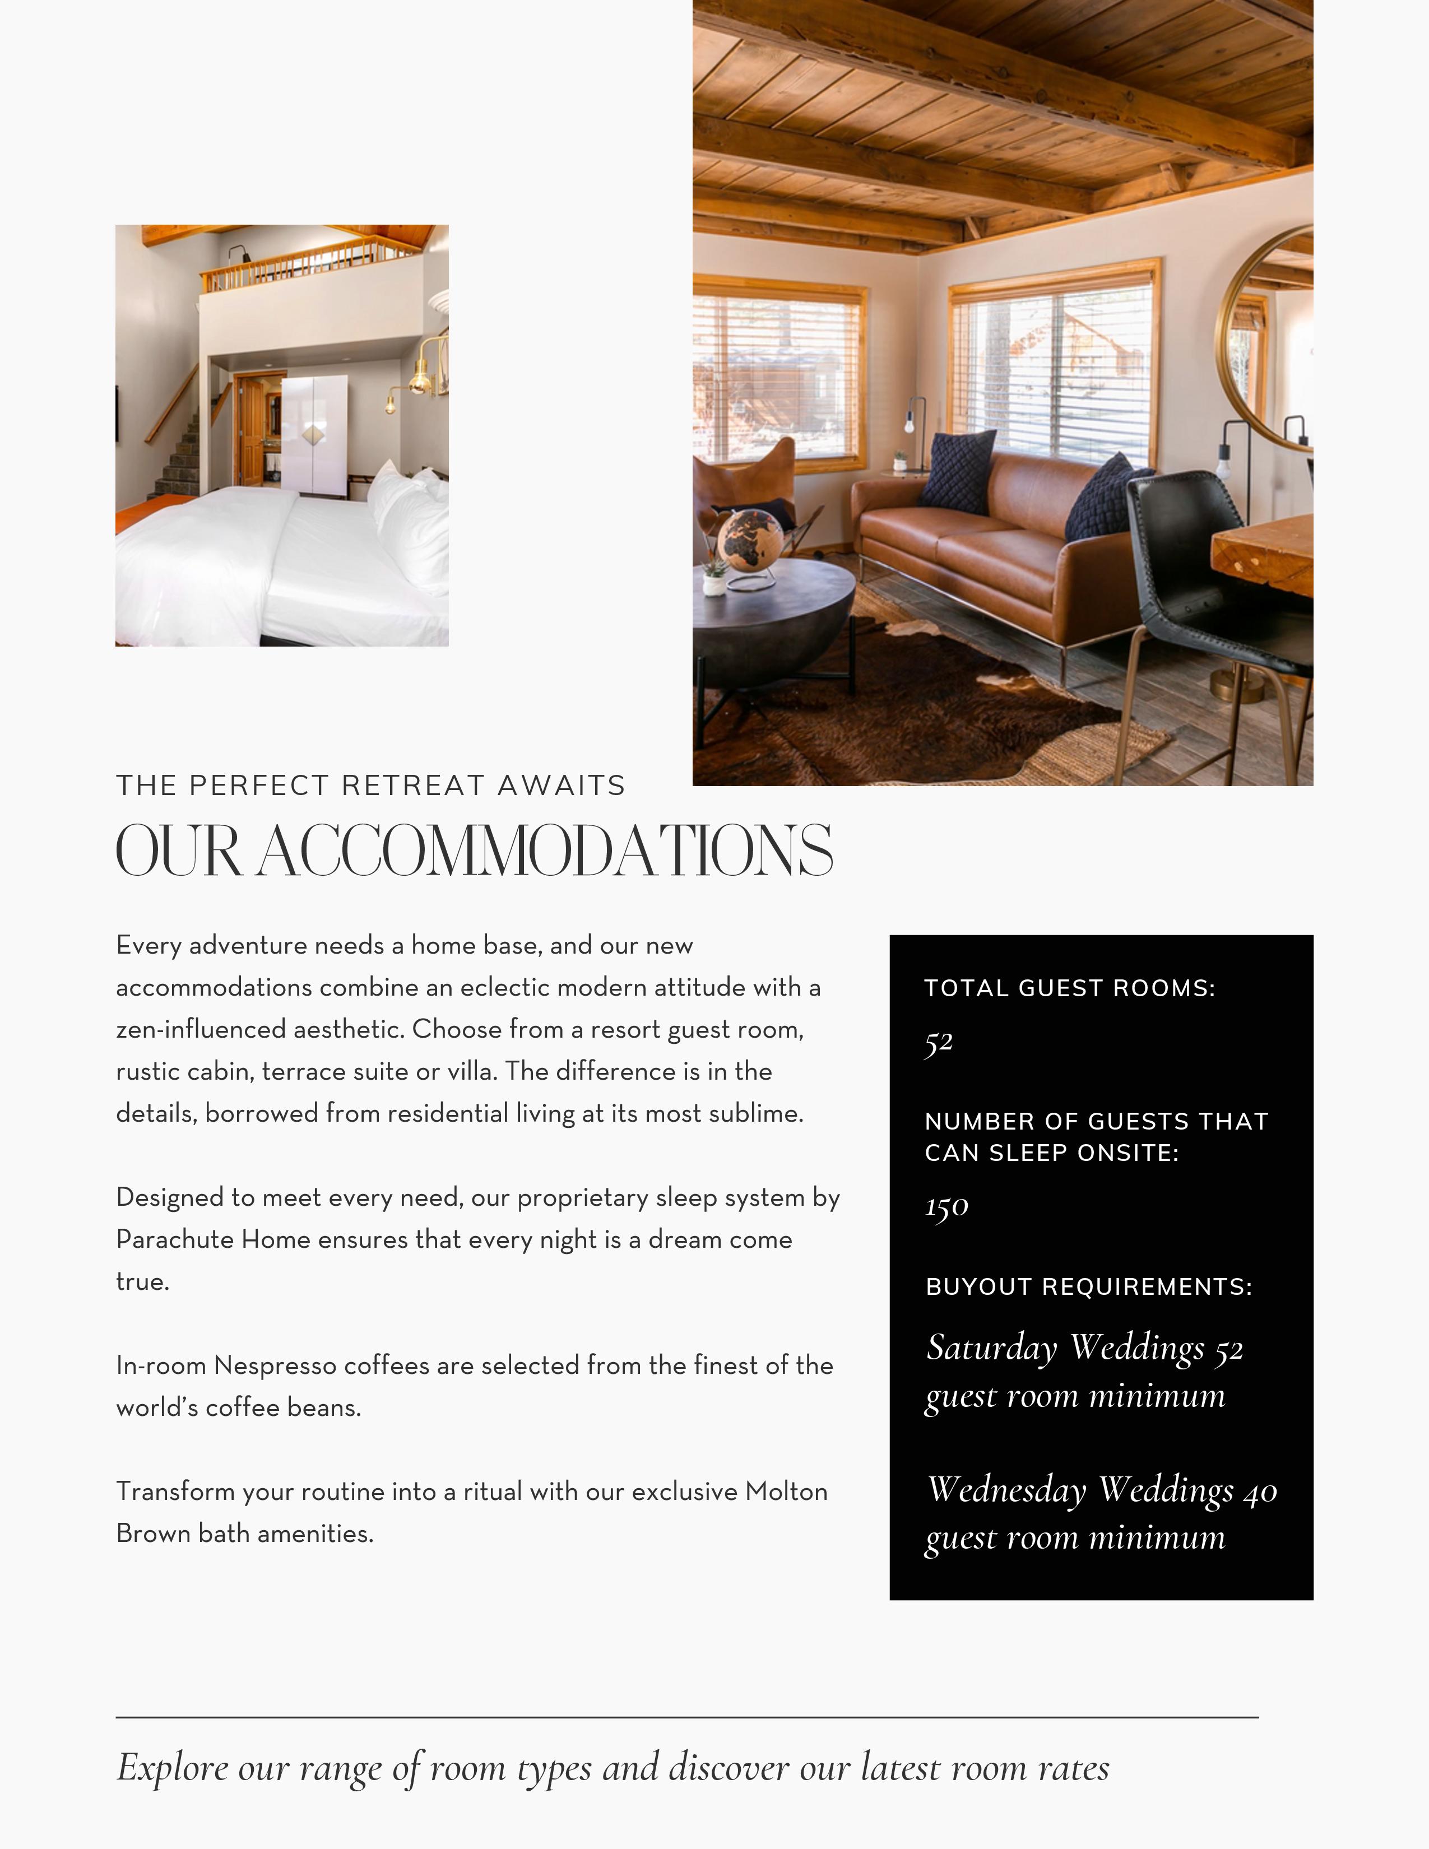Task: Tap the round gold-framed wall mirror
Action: point(1265,338)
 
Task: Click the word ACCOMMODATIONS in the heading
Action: point(545,852)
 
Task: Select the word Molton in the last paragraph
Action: point(786,1492)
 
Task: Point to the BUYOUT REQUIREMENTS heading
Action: point(1089,1287)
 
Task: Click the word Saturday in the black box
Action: point(991,1348)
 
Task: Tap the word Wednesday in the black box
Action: point(1006,1490)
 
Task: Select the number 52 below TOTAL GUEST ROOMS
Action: point(939,1042)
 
